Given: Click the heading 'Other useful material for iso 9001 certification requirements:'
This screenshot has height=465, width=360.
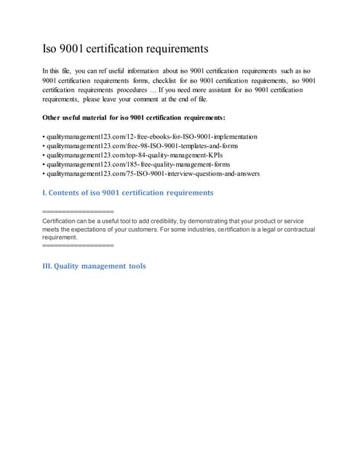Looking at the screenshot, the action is pos(134,117).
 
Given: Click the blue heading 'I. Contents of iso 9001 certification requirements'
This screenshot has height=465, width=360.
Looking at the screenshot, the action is pos(128,193).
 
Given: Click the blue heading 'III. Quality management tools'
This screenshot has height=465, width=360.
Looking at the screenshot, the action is pos(95,266).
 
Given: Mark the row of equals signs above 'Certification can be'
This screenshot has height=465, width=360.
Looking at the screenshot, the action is pos(79,211).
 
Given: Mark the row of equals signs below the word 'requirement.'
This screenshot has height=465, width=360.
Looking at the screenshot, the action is pos(79,246).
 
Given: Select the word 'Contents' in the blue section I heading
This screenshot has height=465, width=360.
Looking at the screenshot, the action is pos(69,193).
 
